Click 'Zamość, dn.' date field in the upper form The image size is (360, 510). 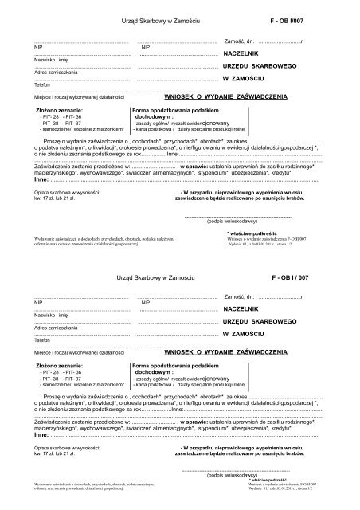(x=239, y=40)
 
